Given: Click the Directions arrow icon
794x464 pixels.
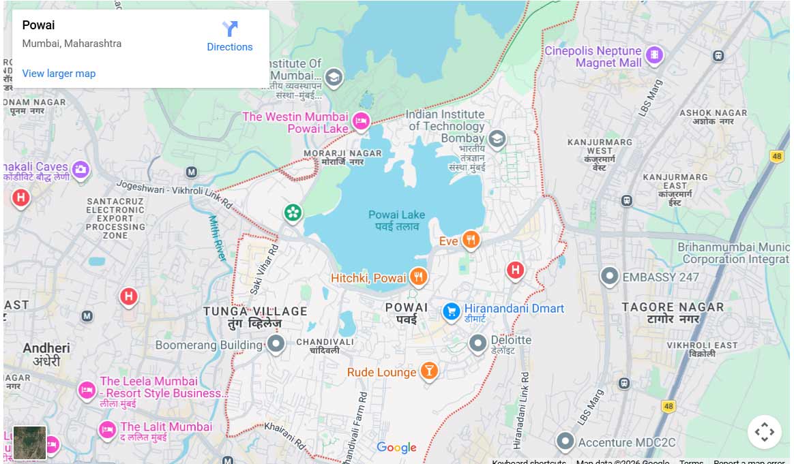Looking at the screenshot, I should click(230, 29).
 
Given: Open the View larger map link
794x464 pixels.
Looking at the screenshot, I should click(59, 74).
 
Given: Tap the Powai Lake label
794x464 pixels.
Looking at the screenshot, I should click(396, 220).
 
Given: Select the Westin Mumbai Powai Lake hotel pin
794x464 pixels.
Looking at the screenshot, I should click(360, 122).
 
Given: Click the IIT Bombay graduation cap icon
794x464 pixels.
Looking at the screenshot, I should click(497, 139).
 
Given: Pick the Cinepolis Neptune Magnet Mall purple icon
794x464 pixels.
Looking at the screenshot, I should click(654, 55).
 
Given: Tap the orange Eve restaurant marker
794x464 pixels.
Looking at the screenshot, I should click(471, 240).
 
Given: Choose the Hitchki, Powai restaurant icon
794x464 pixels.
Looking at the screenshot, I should click(419, 277).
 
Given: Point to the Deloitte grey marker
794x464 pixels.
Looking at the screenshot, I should click(478, 342).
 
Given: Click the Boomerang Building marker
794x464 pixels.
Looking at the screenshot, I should click(276, 343).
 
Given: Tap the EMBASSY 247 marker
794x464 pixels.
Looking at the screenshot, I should click(608, 277).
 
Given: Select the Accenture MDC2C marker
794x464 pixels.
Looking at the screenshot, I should click(564, 441).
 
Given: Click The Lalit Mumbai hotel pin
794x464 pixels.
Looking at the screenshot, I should click(106, 429).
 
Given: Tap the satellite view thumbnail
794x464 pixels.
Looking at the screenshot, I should click(29, 442).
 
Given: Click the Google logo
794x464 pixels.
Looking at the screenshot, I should click(396, 448).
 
